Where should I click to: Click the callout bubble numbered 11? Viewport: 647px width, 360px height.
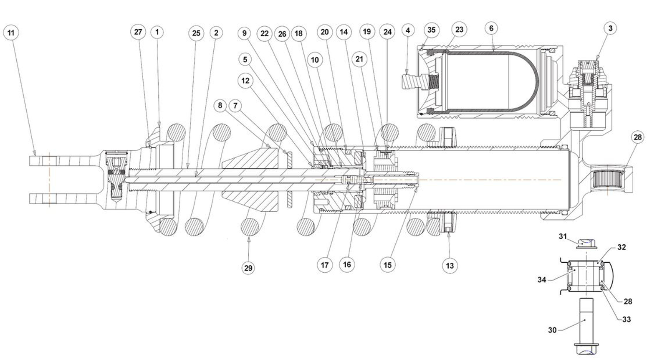11,33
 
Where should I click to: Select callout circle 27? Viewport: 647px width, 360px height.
138,32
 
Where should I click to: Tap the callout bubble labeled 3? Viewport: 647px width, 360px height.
610,28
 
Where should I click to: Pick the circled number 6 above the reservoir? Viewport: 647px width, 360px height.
491,28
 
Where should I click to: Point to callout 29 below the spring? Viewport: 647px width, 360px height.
248,268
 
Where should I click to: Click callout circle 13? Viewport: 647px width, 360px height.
450,266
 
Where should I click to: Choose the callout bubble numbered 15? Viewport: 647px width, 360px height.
387,265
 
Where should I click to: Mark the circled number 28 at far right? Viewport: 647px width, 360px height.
638,137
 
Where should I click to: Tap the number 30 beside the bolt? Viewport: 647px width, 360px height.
552,330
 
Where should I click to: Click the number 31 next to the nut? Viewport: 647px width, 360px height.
563,236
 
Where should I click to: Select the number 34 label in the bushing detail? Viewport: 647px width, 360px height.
542,279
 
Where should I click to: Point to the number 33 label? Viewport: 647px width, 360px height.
626,319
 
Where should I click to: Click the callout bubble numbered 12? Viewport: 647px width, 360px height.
245,80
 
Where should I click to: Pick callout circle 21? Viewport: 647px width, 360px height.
359,59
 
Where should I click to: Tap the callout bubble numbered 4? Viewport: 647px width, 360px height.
408,30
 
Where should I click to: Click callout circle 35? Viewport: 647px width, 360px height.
432,30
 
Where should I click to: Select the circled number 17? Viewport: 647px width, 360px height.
324,265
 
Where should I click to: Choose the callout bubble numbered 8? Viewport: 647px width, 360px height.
220,105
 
